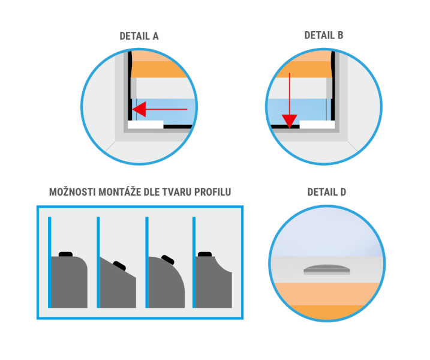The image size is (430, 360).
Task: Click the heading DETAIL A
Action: (x=139, y=36)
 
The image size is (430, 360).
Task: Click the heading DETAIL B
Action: (x=324, y=35)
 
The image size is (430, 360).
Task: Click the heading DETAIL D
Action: (x=327, y=192)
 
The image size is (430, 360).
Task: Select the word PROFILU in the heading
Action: (x=212, y=192)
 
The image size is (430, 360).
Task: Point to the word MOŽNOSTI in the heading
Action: (x=73, y=192)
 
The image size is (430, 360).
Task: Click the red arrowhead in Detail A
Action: (x=139, y=109)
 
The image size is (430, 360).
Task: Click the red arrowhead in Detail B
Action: (x=290, y=121)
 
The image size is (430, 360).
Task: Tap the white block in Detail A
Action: (x=146, y=124)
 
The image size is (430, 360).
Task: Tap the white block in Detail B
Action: (x=317, y=124)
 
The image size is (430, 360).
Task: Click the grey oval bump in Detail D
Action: (x=327, y=269)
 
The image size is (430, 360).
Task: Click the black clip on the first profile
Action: (x=65, y=254)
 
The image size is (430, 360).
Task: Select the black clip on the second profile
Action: (x=119, y=266)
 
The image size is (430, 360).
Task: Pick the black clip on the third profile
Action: (x=168, y=260)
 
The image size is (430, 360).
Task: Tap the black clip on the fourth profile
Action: (x=205, y=254)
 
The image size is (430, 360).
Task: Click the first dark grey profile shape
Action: (x=69, y=282)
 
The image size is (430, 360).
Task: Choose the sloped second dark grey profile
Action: (x=118, y=286)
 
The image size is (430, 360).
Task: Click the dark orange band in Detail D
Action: (x=327, y=312)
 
